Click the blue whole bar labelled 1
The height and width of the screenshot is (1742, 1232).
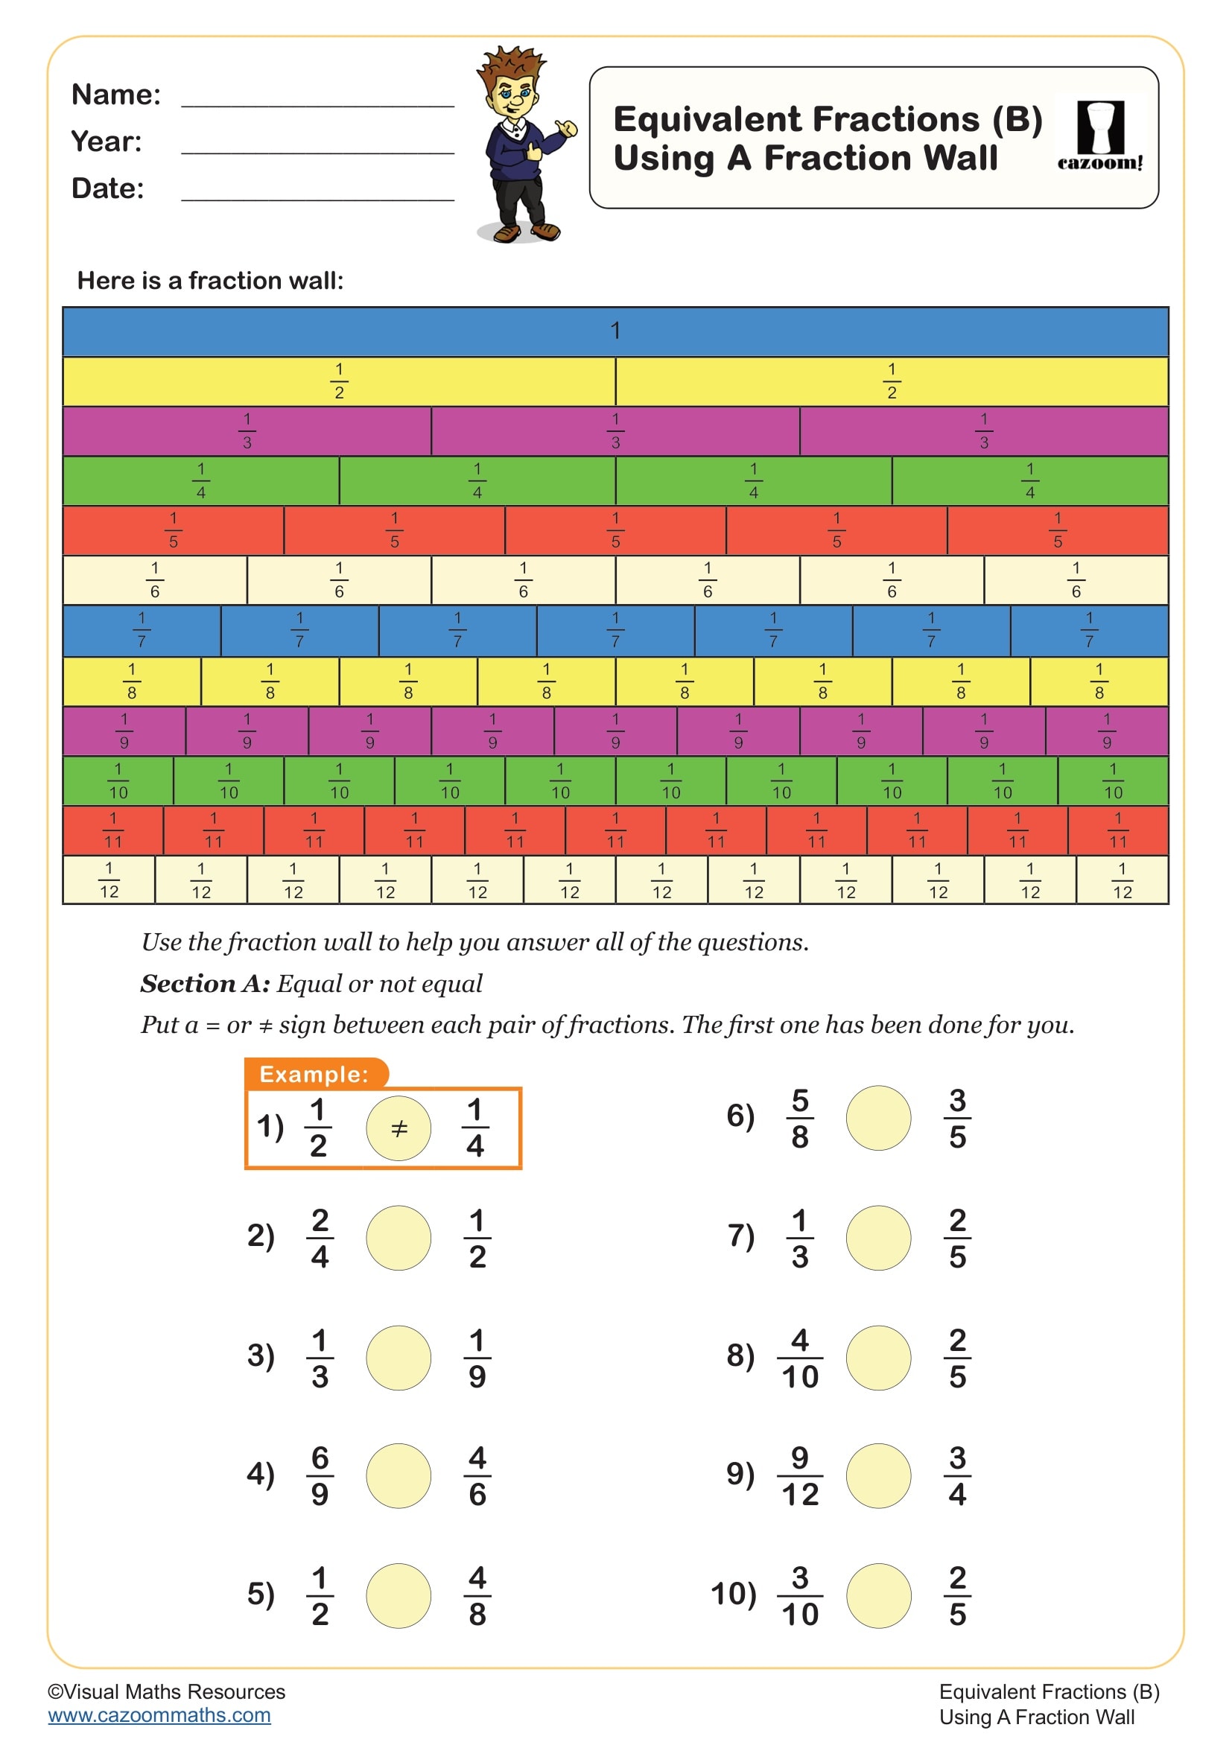coord(615,331)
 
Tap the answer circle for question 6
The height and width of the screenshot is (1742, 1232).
coord(878,1118)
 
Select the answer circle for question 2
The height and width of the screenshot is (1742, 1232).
coord(399,1238)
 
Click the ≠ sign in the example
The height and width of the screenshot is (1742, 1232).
coord(399,1128)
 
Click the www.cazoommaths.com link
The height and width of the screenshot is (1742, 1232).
coord(159,1715)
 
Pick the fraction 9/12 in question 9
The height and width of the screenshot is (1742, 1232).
coord(799,1475)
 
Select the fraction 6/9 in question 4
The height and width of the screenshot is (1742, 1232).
coord(320,1475)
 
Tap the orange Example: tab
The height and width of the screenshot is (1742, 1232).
coord(314,1074)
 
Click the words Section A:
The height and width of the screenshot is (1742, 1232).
coord(205,983)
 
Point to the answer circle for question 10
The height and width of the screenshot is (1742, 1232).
coord(878,1595)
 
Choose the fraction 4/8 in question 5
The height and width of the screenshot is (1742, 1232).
coord(477,1595)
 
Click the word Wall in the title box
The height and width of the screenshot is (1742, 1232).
coord(956,158)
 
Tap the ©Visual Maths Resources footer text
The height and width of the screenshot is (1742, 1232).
coord(167,1691)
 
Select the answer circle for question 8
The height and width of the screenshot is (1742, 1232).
coord(878,1358)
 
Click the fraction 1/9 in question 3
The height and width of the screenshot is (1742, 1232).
coord(477,1358)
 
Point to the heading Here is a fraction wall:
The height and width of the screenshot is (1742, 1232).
coord(210,281)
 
